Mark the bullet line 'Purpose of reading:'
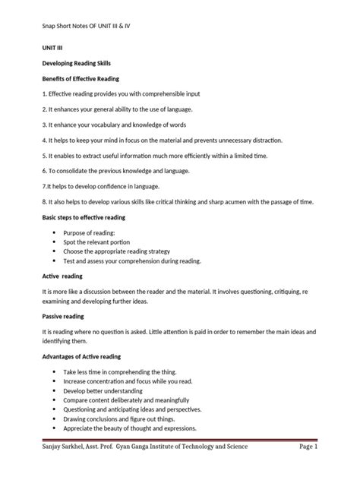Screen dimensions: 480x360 coord(95,231)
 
